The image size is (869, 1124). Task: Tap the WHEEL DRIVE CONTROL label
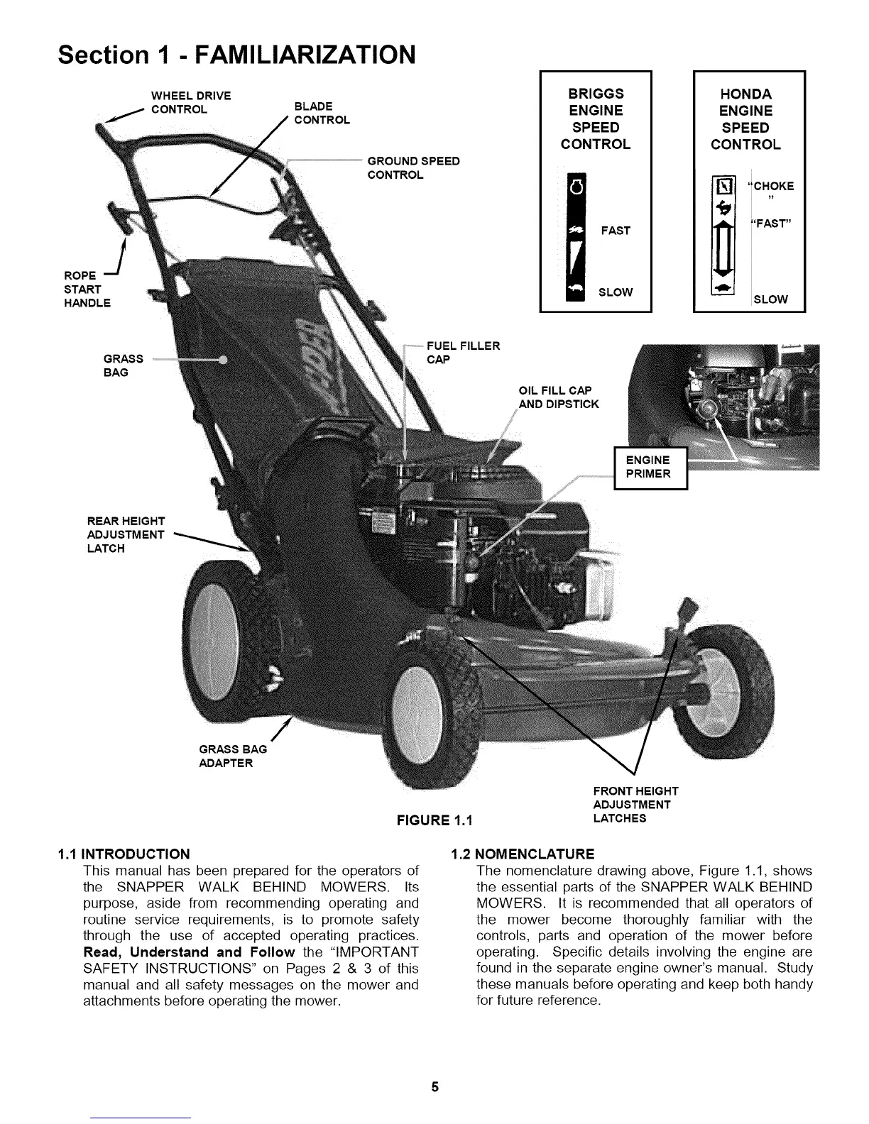190,103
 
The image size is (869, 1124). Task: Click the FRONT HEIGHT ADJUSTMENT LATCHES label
635,804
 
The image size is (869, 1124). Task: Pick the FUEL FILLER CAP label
463,353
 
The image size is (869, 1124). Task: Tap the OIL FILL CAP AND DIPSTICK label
558,397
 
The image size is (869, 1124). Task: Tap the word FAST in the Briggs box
615,231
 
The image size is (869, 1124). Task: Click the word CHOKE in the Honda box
772,187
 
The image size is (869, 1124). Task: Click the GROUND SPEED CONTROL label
413,168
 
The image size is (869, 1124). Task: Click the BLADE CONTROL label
322,114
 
